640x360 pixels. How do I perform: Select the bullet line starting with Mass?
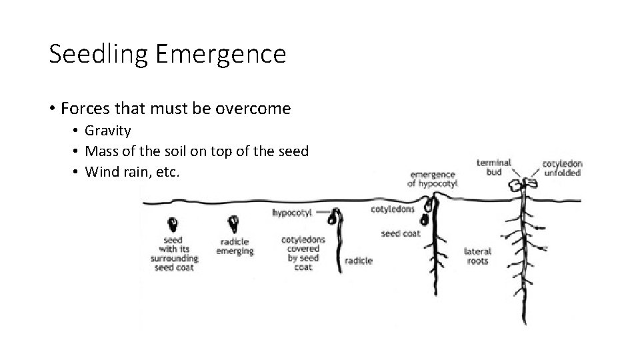196,151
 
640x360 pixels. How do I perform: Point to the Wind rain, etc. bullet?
132,172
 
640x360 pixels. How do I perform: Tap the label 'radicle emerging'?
235,247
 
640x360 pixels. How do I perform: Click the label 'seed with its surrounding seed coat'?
174,253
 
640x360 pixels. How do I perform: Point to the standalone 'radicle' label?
359,260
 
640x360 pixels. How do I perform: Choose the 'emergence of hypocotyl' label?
433,179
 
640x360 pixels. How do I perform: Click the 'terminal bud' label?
494,167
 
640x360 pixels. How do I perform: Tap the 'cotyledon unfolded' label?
561,167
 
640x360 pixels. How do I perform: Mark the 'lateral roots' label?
477,256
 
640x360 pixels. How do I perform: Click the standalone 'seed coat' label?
400,233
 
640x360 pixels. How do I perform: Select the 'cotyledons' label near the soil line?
392,209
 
